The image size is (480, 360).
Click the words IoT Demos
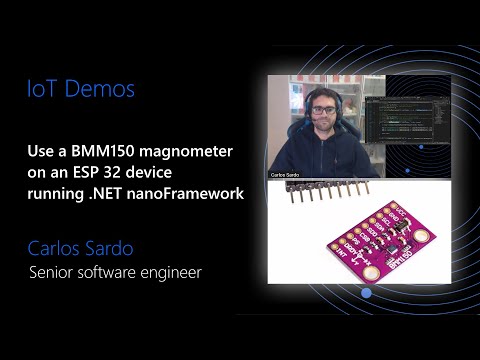(x=80, y=90)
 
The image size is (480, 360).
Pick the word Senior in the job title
(x=54, y=271)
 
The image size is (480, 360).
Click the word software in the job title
(x=119, y=271)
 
